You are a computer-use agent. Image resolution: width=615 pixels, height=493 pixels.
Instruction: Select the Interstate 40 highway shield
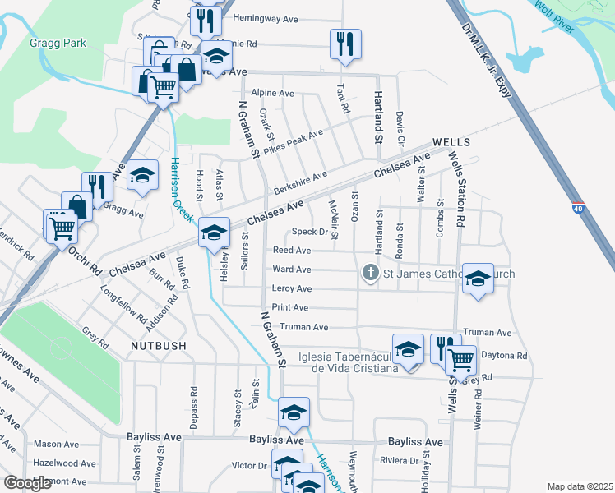(x=578, y=211)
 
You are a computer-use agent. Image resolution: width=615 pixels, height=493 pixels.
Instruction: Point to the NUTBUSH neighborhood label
(x=159, y=346)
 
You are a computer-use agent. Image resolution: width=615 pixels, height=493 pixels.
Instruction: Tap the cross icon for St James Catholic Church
(x=371, y=273)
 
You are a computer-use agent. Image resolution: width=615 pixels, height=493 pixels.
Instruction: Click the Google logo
(x=27, y=483)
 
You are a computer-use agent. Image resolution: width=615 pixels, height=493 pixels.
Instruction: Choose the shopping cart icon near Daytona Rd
(x=461, y=358)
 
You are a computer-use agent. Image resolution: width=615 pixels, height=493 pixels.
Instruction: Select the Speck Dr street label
(x=312, y=232)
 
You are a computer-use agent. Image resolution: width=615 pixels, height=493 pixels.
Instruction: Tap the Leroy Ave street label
(x=292, y=288)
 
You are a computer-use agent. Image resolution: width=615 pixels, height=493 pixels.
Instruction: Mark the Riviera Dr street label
(x=400, y=460)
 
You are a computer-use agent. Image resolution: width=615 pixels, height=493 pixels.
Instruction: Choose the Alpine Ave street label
(x=273, y=93)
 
